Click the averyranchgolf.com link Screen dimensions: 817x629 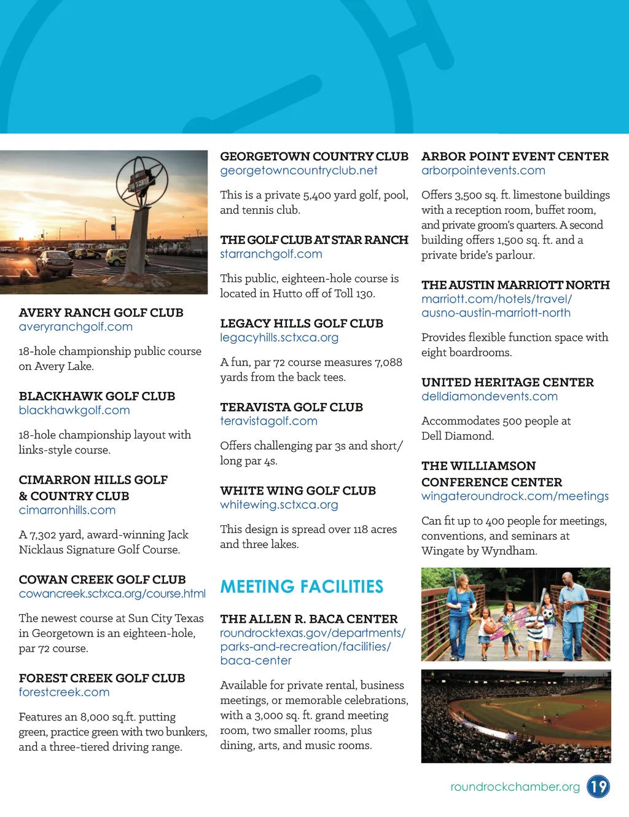pyautogui.click(x=76, y=327)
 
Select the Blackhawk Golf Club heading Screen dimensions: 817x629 pyautogui.click(x=97, y=396)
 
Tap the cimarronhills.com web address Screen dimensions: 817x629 pyautogui.click(x=67, y=510)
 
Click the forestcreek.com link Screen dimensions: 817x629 pyautogui.click(x=64, y=692)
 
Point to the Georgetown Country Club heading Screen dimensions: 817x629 pyautogui.click(x=314, y=157)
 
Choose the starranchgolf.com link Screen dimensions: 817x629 pyautogui.click(x=271, y=254)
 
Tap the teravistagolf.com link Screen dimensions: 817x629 pyautogui.click(x=268, y=421)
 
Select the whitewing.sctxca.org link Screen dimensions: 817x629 pyautogui.click(x=279, y=505)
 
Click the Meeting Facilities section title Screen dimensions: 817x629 pyautogui.click(x=302, y=587)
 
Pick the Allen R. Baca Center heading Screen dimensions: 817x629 pyautogui.click(x=309, y=619)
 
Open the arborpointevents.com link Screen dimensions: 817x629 pyautogui.click(x=483, y=171)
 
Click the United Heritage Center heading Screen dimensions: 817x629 pyautogui.click(x=507, y=383)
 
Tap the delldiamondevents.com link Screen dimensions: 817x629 pyautogui.click(x=489, y=397)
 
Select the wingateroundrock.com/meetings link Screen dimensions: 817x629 pyautogui.click(x=515, y=496)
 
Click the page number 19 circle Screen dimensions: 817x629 pyautogui.click(x=598, y=786)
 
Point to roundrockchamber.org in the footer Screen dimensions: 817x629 pyautogui.click(x=515, y=787)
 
